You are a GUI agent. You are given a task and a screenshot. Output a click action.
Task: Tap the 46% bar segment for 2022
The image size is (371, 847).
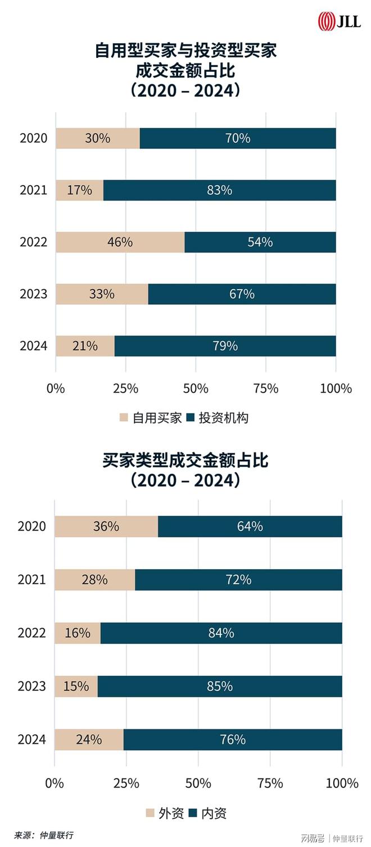click(120, 242)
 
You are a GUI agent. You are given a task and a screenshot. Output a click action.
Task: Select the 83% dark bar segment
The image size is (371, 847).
click(219, 190)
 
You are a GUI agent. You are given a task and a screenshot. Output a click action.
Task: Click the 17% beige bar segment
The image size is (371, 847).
click(79, 190)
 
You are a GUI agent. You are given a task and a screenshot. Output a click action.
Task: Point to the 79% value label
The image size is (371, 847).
click(225, 346)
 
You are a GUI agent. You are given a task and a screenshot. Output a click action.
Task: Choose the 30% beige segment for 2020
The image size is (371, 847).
click(97, 138)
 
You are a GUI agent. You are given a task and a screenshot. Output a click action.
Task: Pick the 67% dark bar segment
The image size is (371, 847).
click(242, 294)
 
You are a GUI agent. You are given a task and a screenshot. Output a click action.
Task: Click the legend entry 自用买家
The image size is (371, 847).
click(150, 418)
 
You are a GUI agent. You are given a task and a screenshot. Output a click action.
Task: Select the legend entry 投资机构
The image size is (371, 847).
click(216, 418)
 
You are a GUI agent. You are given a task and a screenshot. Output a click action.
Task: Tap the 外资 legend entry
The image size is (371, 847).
click(164, 813)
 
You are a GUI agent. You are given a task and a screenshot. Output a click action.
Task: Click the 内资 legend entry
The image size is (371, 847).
click(207, 813)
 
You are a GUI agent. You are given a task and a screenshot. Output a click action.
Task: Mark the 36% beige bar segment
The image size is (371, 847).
click(106, 526)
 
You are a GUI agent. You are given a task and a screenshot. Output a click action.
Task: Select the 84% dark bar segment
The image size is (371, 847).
click(221, 633)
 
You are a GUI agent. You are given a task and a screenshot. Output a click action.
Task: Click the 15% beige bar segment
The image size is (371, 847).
click(76, 686)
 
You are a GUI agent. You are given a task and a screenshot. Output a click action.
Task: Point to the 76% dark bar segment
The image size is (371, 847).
click(233, 739)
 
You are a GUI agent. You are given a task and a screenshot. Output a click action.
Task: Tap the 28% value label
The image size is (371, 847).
click(94, 580)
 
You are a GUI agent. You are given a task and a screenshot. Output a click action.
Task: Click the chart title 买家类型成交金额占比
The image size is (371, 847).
click(185, 461)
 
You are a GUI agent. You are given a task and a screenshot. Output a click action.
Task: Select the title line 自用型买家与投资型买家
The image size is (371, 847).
click(185, 51)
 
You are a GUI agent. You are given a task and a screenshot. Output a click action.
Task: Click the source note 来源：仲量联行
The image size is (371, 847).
click(44, 835)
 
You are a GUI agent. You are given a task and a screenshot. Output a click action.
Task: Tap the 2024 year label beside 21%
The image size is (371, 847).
click(34, 346)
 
